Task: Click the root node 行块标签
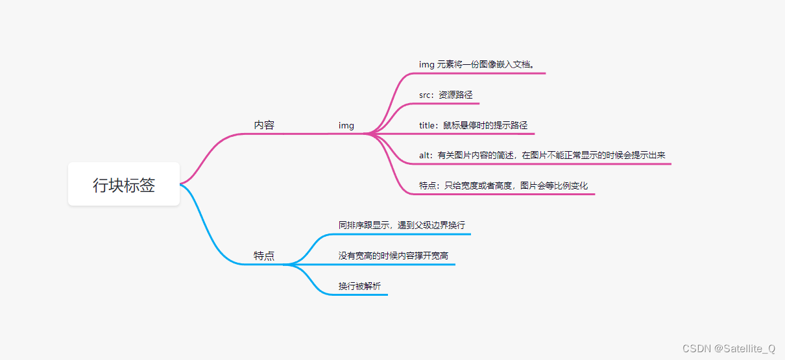(124, 185)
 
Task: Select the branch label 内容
(264, 125)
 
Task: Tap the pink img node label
(346, 125)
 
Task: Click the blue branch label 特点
(264, 256)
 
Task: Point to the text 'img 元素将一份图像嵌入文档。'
(477, 64)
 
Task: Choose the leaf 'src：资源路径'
(446, 95)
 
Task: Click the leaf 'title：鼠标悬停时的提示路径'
(473, 125)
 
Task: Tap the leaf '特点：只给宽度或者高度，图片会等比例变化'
(503, 186)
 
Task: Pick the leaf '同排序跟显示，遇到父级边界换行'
(402, 225)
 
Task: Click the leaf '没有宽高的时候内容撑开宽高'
(393, 256)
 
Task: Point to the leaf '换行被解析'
(359, 286)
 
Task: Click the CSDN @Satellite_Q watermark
(729, 348)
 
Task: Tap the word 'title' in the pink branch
(427, 125)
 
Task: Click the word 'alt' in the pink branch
(425, 155)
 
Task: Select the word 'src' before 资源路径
(425, 95)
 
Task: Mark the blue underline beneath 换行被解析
(363, 295)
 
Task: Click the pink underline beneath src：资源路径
(448, 104)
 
